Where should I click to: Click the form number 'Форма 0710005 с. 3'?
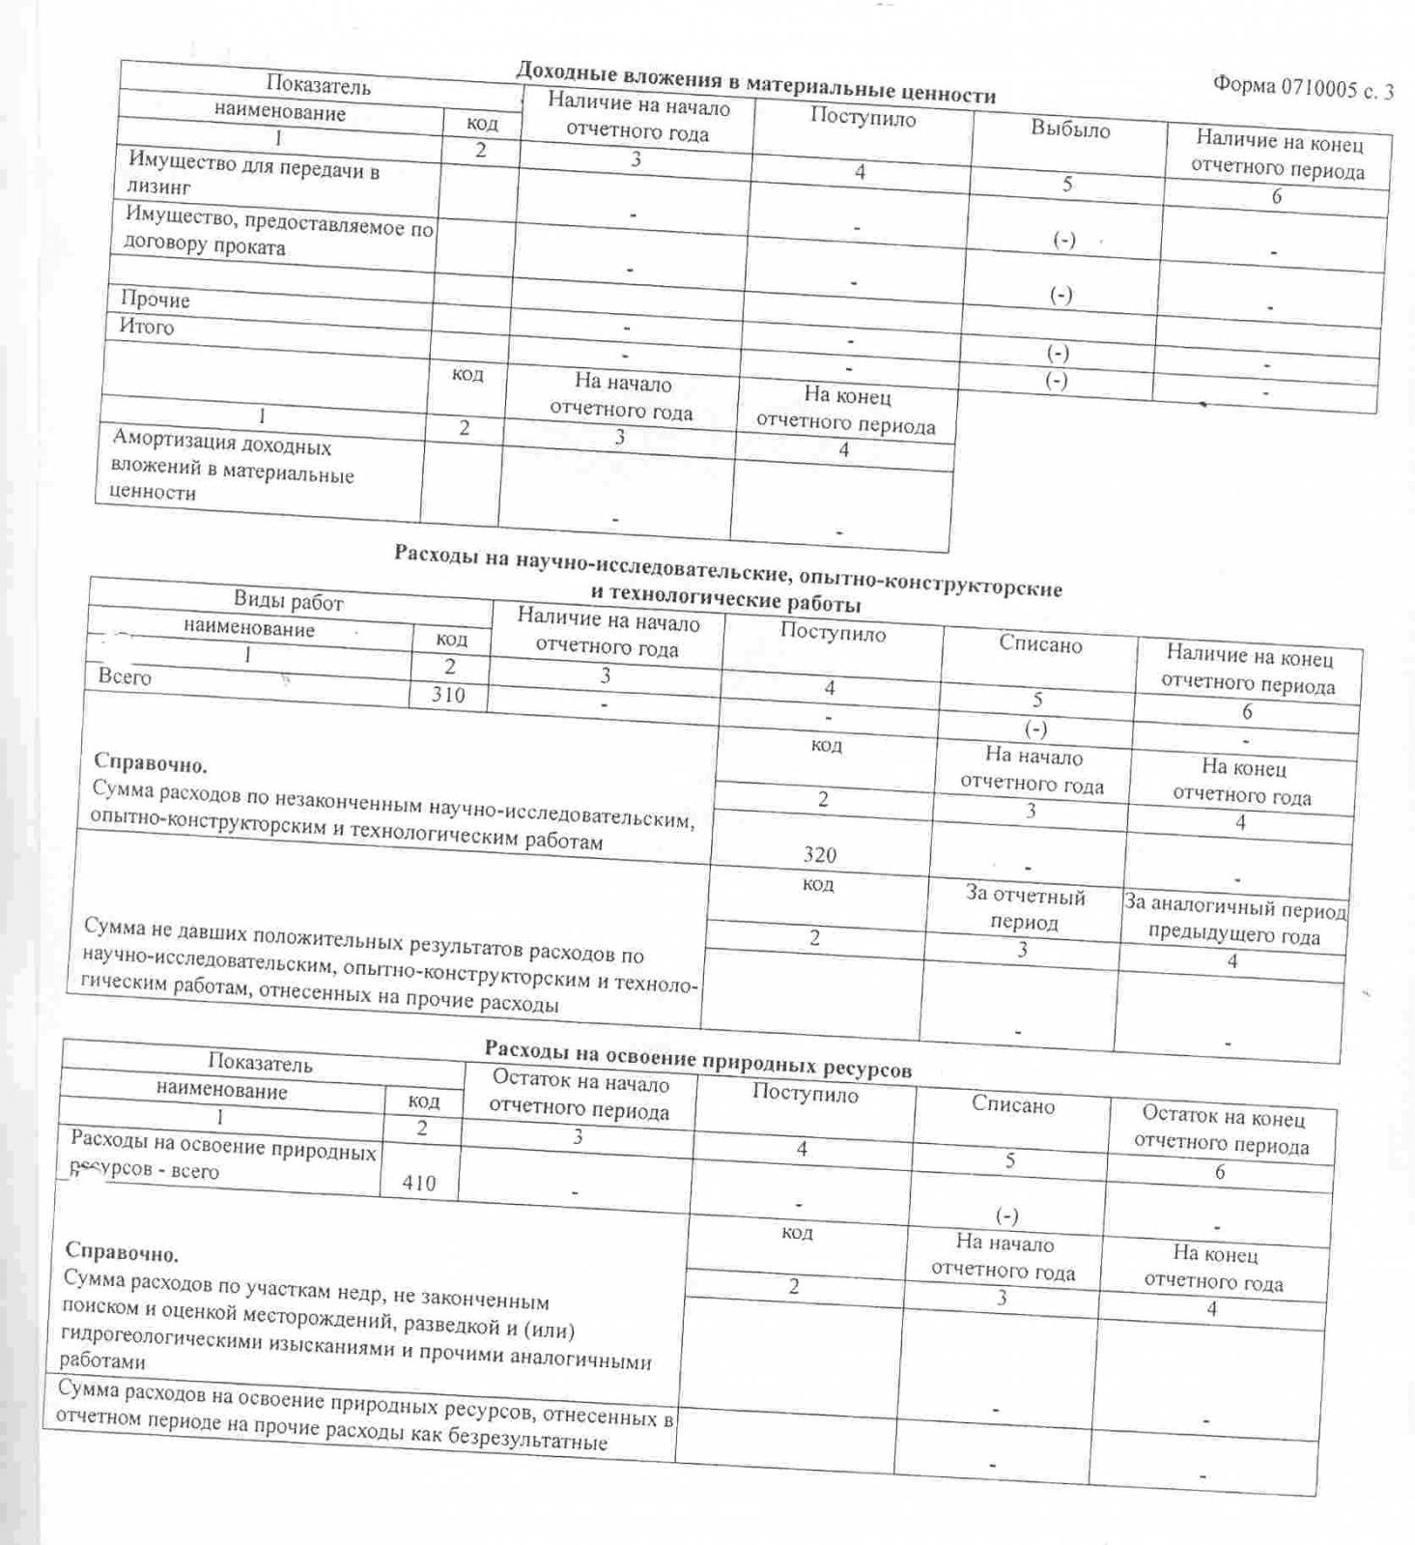[x=1302, y=89]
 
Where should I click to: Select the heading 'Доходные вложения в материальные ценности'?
[x=755, y=82]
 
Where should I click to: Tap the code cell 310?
[x=448, y=694]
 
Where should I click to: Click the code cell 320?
[x=819, y=854]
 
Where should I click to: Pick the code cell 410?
[x=419, y=1183]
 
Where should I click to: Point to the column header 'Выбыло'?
[x=1070, y=129]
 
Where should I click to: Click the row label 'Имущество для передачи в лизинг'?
[x=253, y=173]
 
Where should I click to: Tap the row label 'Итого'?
[x=147, y=327]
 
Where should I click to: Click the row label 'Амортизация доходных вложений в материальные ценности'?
[x=233, y=468]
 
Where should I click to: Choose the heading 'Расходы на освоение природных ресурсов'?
[x=697, y=1058]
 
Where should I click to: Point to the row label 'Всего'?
[x=125, y=676]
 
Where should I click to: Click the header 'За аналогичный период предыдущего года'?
[x=1233, y=922]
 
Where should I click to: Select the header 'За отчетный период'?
[x=1025, y=909]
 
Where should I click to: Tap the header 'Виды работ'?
[x=288, y=601]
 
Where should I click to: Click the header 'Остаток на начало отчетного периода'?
[x=580, y=1096]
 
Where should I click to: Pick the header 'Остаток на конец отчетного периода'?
[x=1222, y=1130]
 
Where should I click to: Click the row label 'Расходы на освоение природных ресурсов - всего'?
[x=222, y=1158]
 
